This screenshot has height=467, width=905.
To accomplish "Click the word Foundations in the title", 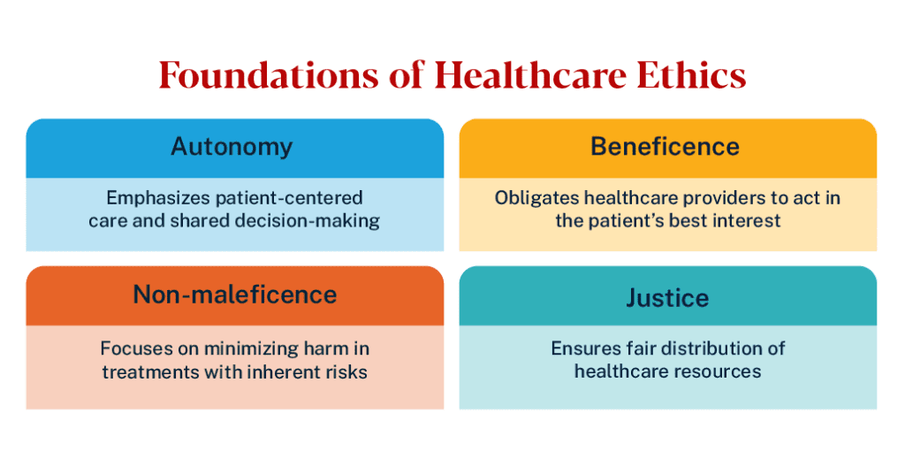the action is [x=269, y=75].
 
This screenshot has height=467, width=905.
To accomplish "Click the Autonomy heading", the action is [x=232, y=148].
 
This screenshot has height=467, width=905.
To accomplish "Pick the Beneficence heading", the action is [x=665, y=147].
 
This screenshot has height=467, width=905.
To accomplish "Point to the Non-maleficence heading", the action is [x=235, y=295].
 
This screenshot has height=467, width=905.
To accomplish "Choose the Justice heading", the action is [x=668, y=298].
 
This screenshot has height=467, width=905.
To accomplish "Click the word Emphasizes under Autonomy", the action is [x=158, y=199].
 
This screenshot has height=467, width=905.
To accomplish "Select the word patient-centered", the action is [x=289, y=199].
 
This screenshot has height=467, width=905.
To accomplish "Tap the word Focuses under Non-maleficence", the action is [x=133, y=349].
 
